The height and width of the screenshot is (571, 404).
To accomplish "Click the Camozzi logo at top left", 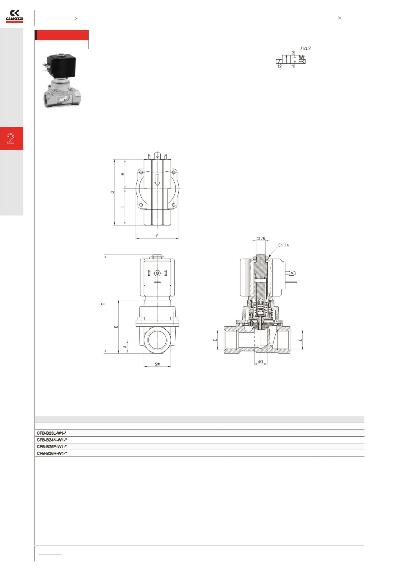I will coord(15,16).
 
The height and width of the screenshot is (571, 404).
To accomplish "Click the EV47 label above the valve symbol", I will coord(305,48).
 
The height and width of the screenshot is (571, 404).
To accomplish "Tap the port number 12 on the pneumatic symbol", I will coord(279,66).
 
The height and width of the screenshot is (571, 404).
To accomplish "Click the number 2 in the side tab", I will coord(11,138).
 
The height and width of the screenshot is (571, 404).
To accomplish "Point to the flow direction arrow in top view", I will coord(158,180).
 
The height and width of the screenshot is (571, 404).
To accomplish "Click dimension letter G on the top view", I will coord(113,192).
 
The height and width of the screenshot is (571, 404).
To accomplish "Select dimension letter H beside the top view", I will coord(123,174).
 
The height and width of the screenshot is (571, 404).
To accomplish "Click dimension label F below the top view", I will coord(157,236).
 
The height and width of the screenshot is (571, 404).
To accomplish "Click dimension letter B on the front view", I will coord(116,326).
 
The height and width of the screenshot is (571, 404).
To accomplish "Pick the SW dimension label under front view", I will coord(157,364).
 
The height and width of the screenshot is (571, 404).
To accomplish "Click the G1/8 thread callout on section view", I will coord(260,239).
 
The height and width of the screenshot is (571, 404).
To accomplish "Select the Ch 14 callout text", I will coord(283,245).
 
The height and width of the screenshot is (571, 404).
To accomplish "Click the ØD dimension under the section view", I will coord(260,362).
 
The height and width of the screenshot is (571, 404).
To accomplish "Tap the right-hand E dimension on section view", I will coord(300,340).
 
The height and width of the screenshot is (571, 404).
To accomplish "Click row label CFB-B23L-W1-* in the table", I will coord(52,433).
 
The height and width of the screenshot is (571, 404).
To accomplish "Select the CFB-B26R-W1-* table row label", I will coord(52,453).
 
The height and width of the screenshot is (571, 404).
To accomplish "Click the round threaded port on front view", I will coord(158,340).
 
